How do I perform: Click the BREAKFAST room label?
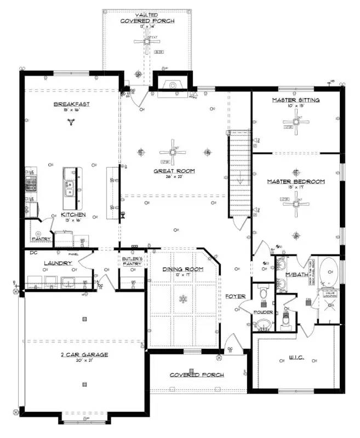(x=71, y=104)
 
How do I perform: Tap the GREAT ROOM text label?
(x=174, y=171)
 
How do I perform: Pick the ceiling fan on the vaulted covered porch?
(x=147, y=41)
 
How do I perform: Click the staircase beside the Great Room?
(x=239, y=159)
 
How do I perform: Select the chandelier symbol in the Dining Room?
(x=183, y=299)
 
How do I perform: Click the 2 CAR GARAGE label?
(x=84, y=354)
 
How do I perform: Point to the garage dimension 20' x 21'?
(x=84, y=361)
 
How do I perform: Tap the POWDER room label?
(x=264, y=312)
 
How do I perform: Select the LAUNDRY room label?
(x=58, y=263)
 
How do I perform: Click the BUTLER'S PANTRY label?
(x=133, y=261)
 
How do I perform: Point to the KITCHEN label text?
(x=73, y=214)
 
